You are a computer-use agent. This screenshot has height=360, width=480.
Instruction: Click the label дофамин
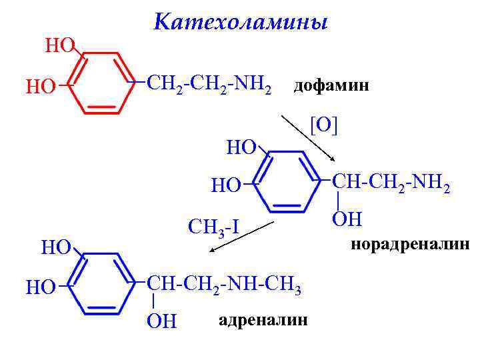pyautogui.click(x=331, y=86)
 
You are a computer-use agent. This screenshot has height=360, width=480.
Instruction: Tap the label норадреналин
pyautogui.click(x=410, y=245)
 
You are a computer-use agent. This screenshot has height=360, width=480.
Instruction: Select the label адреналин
pyautogui.click(x=263, y=321)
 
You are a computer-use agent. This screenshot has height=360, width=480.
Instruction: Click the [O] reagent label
pyautogui.click(x=324, y=126)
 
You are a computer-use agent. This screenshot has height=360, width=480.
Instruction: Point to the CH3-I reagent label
pyautogui.click(x=213, y=229)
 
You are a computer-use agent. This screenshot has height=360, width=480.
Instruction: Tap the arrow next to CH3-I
pyautogui.click(x=242, y=235)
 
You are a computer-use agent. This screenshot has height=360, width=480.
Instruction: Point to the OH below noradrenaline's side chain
pyautogui.click(x=346, y=219)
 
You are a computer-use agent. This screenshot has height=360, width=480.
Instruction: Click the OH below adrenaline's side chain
pyautogui.click(x=161, y=321)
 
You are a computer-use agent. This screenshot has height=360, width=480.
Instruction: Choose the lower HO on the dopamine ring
pyautogui.click(x=40, y=86)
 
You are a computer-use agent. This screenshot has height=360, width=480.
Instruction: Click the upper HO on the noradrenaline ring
pyautogui.click(x=241, y=147)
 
